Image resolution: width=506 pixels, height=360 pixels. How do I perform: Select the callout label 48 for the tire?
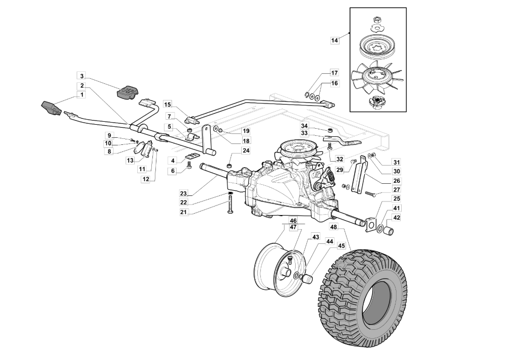click(x=334, y=227)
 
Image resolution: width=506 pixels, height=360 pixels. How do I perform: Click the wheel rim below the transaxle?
click(x=276, y=268)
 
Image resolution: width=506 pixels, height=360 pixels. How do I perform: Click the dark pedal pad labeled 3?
click(x=128, y=92)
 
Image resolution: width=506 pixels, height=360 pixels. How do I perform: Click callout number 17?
click(x=334, y=73)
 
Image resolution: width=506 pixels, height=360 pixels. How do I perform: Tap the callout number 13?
click(x=130, y=160)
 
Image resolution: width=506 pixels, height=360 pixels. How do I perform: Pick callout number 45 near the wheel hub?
click(x=342, y=246)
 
